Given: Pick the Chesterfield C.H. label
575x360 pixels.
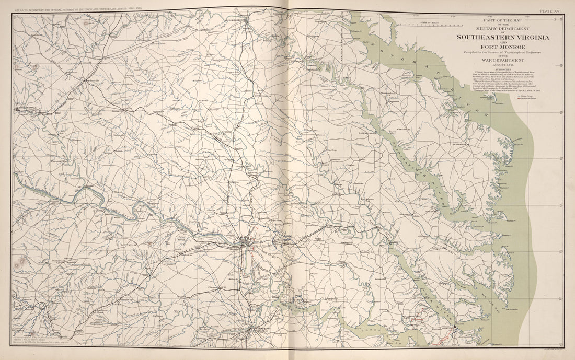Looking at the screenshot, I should pos(216,286).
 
